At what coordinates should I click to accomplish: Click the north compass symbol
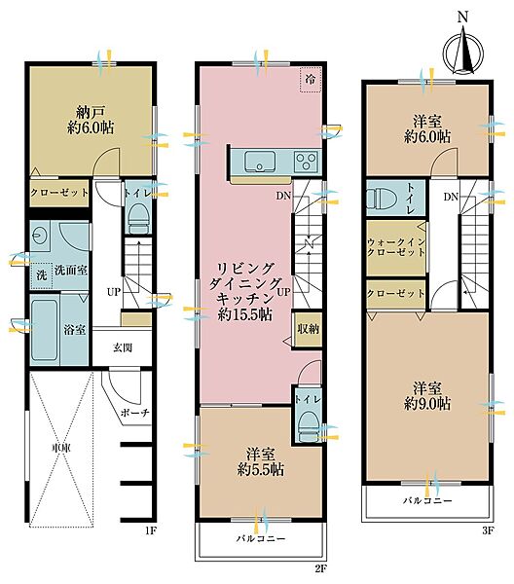pyautogui.click(x=463, y=49)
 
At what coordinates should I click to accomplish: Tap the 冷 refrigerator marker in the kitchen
pyautogui.click(x=311, y=80)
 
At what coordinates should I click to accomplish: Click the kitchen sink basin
pyautogui.click(x=260, y=162)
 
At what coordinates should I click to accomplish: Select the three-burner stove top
pyautogui.click(x=307, y=162)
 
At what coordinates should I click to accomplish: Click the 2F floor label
pyautogui.click(x=320, y=568)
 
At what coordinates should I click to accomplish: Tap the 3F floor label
pyautogui.click(x=488, y=530)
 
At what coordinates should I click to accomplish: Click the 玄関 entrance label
pyautogui.click(x=122, y=348)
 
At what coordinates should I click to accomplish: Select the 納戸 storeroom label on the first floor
pyautogui.click(x=91, y=111)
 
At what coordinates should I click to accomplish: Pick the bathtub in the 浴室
pyautogui.click(x=45, y=330)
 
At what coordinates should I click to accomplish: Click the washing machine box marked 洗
pyautogui.click(x=42, y=275)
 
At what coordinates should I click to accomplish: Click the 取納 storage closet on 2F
pyautogui.click(x=308, y=329)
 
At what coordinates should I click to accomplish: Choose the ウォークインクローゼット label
pyautogui.click(x=396, y=247)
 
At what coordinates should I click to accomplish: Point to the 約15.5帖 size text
pyautogui.click(x=244, y=315)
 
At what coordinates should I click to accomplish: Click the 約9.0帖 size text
pyautogui.click(x=427, y=403)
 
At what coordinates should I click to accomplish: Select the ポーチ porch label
pyautogui.click(x=135, y=413)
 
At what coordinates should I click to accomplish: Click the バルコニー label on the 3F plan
pyautogui.click(x=427, y=500)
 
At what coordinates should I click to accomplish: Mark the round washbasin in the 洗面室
pyautogui.click(x=37, y=235)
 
